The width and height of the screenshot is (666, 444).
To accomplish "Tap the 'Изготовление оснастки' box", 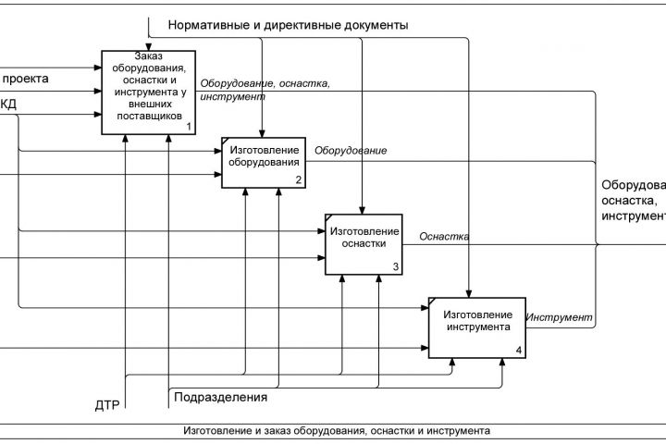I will (x=364, y=243).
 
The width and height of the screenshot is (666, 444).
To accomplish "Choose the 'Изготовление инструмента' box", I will (x=476, y=327).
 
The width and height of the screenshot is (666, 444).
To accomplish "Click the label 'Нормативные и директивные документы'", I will (x=288, y=25).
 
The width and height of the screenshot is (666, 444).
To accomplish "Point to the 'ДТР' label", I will (x=108, y=404).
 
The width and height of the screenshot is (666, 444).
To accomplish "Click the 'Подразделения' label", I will (x=219, y=398).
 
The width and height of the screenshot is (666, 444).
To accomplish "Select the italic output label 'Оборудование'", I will (x=351, y=150).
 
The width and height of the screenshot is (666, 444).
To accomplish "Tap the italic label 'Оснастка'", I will (x=444, y=236).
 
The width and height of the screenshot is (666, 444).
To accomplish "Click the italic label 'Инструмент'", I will (x=559, y=317).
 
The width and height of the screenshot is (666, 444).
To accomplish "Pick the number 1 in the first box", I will (x=188, y=126).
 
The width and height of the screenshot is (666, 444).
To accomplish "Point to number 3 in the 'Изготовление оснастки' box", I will (x=395, y=266).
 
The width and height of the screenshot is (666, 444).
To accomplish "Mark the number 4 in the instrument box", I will (x=517, y=350).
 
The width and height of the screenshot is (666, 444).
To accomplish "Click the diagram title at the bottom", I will (x=337, y=430).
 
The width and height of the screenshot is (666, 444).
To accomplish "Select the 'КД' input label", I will (x=7, y=105).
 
